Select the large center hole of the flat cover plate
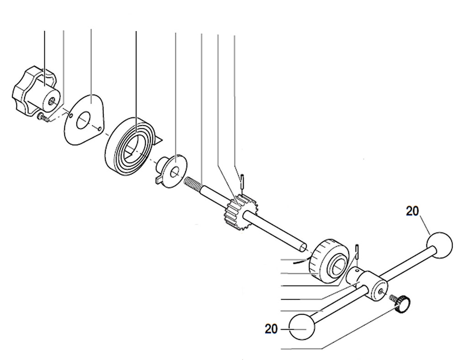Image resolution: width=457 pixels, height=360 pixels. (83, 121)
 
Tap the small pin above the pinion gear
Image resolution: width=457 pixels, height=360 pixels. (243, 180)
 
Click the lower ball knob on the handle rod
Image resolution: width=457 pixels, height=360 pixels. (303, 327)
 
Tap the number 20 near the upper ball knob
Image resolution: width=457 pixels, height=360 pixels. (413, 211)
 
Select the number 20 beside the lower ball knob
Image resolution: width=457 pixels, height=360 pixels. (271, 328)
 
